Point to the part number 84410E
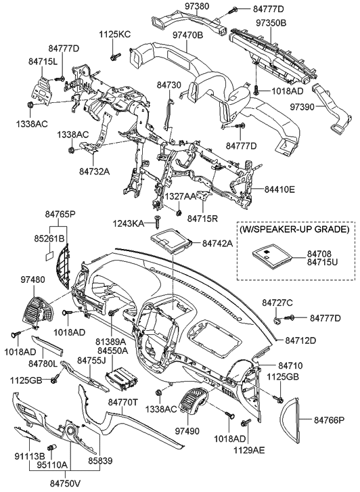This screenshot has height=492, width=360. point(279,190)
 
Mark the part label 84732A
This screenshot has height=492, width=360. point(94,171)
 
